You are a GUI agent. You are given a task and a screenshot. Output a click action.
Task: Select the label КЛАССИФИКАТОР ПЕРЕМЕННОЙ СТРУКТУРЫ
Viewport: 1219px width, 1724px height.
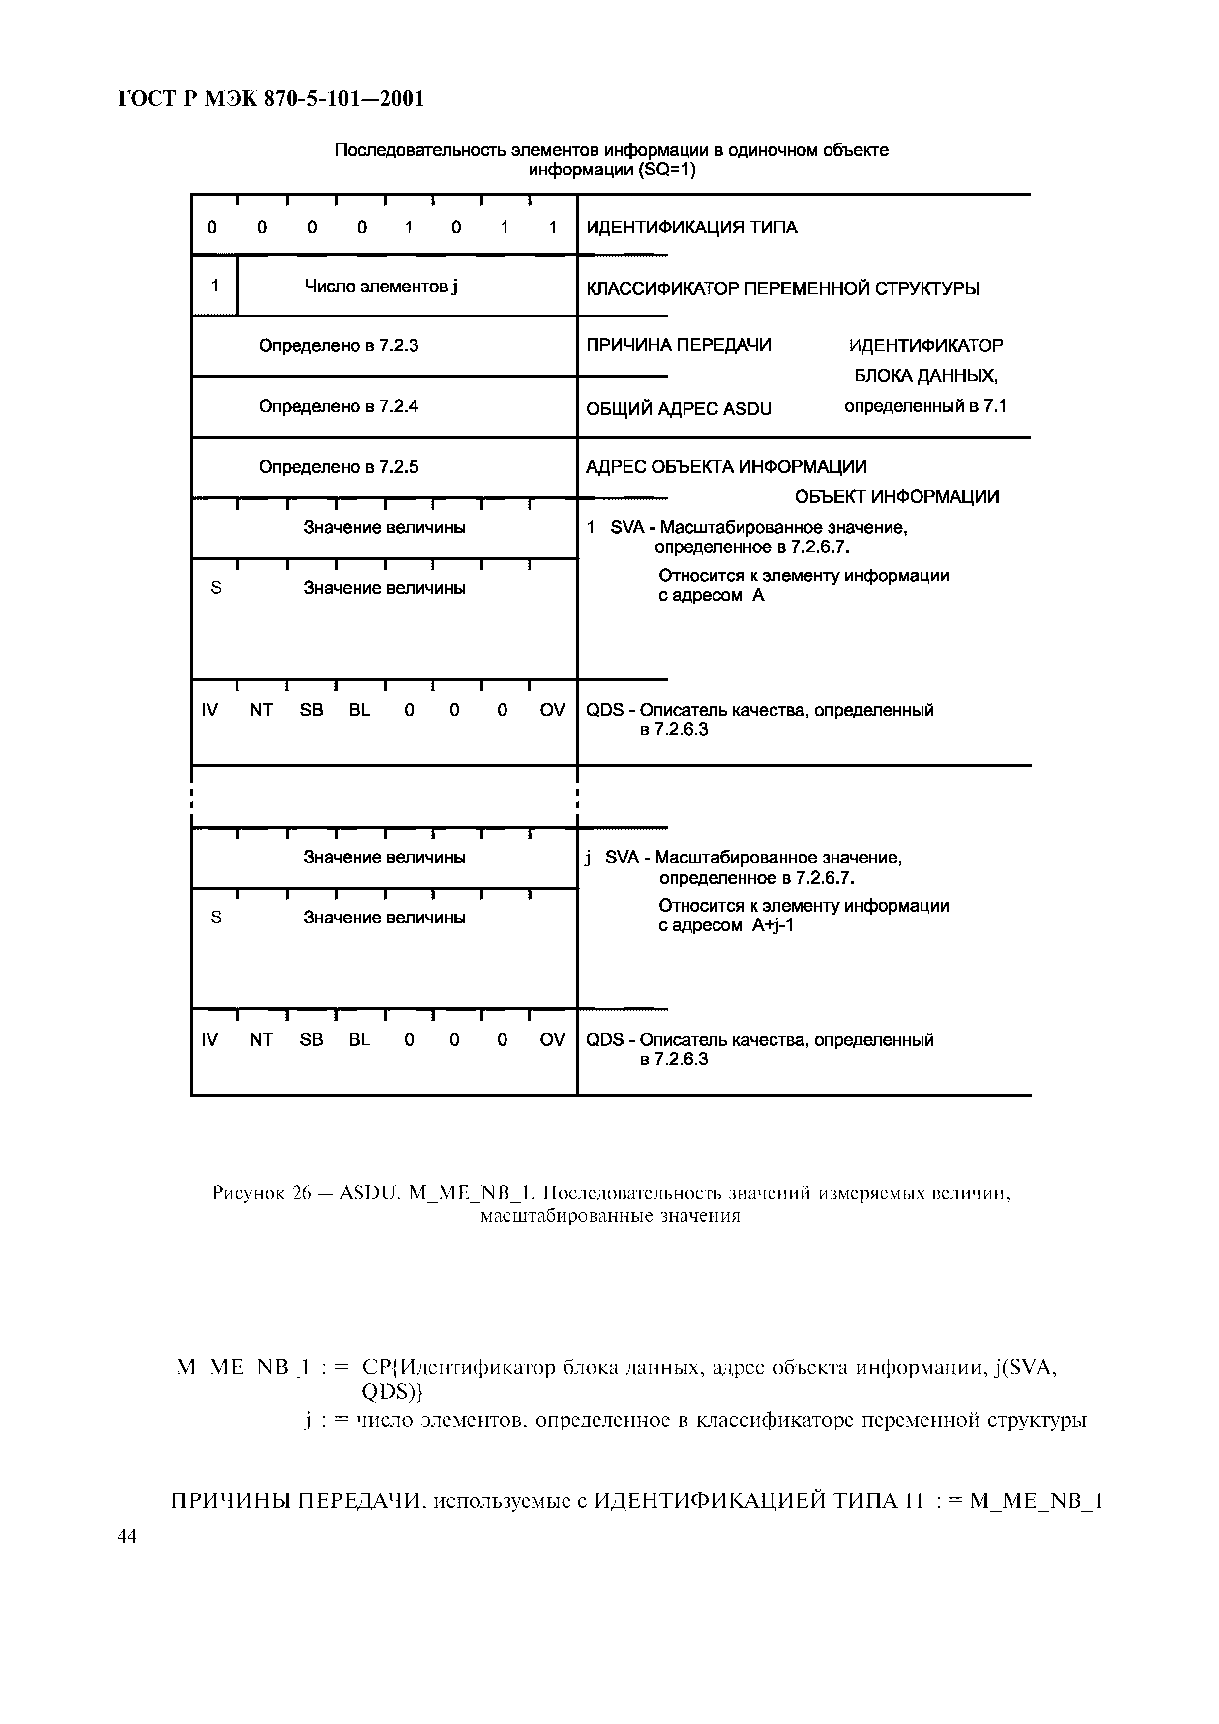[x=782, y=288]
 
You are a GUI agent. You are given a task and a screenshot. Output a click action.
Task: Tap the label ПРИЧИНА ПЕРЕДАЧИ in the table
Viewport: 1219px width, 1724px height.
[x=678, y=345]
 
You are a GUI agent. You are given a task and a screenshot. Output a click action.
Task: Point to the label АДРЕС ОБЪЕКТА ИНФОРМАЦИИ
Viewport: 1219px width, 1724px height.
[x=725, y=467]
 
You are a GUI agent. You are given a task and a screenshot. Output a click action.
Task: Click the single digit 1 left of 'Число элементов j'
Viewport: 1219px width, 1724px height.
[x=215, y=286]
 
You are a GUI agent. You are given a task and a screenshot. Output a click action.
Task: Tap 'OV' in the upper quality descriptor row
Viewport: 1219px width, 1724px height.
[x=552, y=710]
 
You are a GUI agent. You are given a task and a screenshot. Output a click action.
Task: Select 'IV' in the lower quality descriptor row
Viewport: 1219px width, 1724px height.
[x=209, y=1040]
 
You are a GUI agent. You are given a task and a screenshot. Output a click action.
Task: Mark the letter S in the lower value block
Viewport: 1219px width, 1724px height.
[x=216, y=918]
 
